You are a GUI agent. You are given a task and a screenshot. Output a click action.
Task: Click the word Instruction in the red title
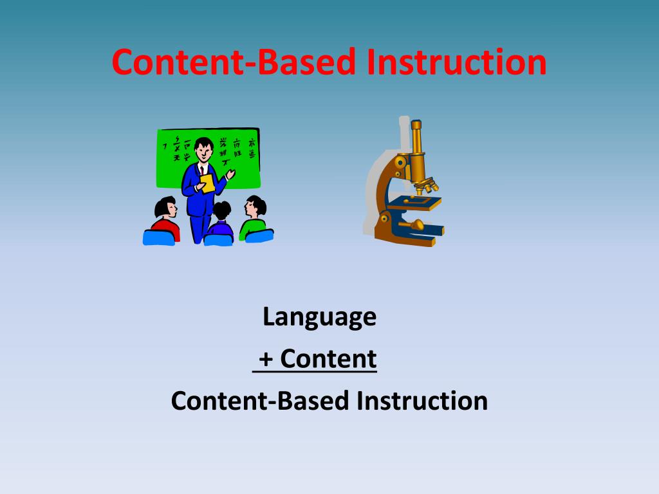point(458,62)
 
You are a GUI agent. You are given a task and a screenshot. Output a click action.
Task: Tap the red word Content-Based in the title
point(233,62)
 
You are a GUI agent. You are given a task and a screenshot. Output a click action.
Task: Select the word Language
point(319,316)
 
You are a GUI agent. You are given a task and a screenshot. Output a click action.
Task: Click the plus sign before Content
point(266,359)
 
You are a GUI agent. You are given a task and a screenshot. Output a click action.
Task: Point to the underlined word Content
point(328,359)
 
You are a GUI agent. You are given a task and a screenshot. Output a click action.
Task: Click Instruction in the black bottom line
point(422,401)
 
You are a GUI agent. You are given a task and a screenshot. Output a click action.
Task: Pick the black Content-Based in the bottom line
point(259,401)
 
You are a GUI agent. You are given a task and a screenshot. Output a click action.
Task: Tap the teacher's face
point(203,151)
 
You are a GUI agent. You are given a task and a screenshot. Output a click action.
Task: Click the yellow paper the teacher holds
point(207,183)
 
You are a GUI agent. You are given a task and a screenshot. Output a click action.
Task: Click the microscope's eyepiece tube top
point(416,126)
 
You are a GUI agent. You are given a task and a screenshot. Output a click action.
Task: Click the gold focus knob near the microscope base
point(417,224)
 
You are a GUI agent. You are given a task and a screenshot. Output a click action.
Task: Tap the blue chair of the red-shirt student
point(158,237)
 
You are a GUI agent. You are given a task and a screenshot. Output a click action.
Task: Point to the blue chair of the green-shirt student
point(260,235)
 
